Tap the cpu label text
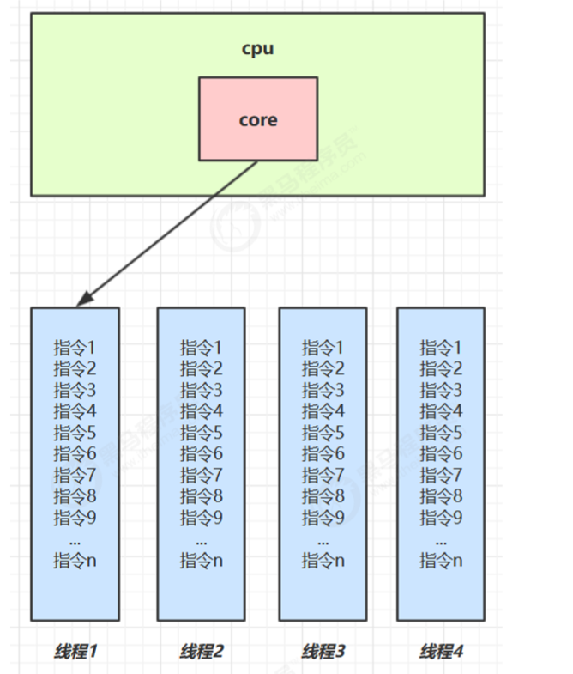tap(257, 48)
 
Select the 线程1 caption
tap(75, 651)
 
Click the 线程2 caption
tap(202, 651)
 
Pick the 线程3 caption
tap(323, 651)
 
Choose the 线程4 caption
tap(441, 651)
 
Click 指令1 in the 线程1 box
tap(75, 348)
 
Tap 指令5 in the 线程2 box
tap(202, 433)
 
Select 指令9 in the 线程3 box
tap(323, 518)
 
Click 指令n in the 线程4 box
tap(441, 561)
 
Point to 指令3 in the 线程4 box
tap(441, 390)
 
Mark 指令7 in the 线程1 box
tap(75, 475)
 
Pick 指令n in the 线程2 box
tap(202, 561)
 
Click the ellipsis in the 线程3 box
tap(323, 541)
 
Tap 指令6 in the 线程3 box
tap(323, 453)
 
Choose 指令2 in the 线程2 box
tap(202, 368)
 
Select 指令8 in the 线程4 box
tap(441, 496)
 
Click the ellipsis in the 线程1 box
tap(75, 541)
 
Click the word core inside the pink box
tap(257, 119)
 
